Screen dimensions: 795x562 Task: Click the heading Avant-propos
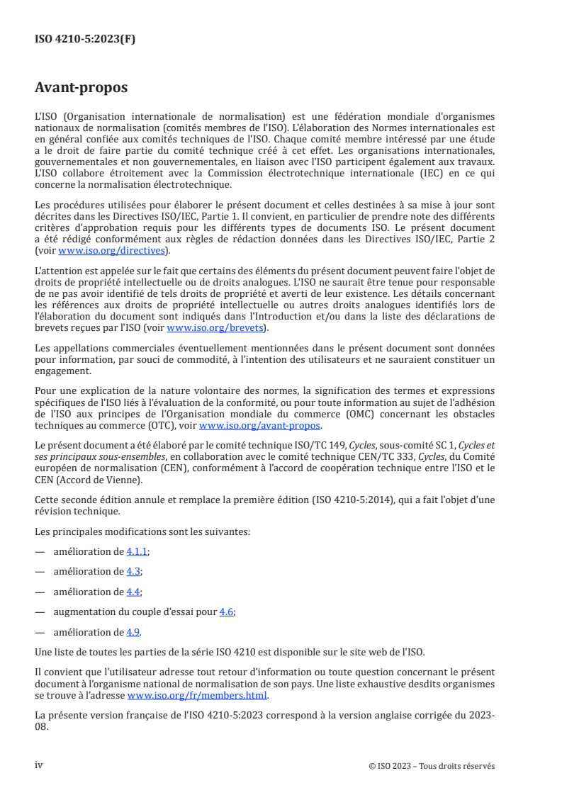click(x=82, y=89)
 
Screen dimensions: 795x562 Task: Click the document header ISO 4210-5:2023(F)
click(x=85, y=40)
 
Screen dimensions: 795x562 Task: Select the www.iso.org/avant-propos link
click(x=260, y=425)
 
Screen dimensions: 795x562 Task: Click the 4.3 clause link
click(x=133, y=570)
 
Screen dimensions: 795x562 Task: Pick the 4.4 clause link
click(x=133, y=591)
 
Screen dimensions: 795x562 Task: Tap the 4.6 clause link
click(x=225, y=611)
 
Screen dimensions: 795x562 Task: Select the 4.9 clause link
click(x=133, y=632)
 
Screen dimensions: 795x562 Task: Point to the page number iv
click(x=39, y=765)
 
